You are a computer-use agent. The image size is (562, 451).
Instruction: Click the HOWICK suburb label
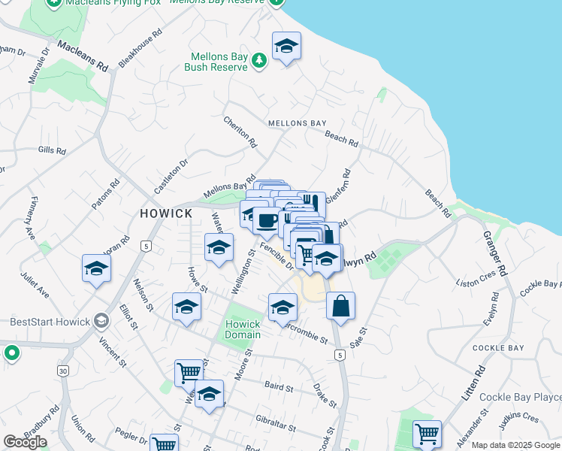166,213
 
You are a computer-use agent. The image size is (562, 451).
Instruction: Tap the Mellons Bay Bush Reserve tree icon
259,60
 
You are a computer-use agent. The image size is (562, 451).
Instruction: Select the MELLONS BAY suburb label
298,123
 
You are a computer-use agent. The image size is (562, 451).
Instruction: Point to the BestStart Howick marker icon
103,322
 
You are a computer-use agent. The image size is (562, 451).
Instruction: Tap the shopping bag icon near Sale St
340,306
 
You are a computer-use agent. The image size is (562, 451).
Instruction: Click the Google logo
25,441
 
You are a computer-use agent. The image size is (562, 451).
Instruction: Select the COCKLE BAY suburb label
497,348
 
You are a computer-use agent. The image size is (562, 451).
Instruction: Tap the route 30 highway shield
63,371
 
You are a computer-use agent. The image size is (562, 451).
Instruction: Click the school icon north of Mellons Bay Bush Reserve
286,47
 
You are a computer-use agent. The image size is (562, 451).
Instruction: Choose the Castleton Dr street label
171,177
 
